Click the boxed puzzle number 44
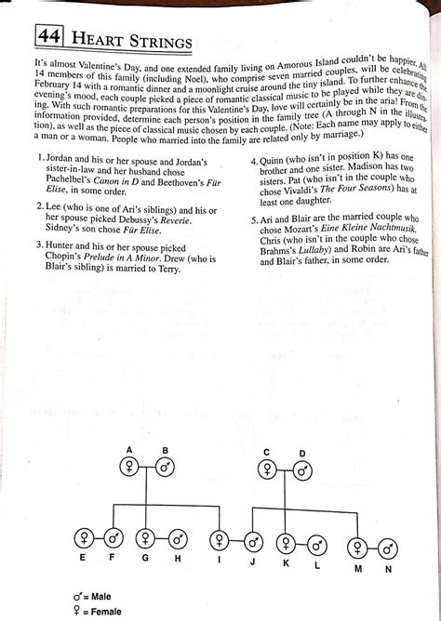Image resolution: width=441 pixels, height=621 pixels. [48, 38]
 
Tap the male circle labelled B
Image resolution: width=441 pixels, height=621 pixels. [164, 468]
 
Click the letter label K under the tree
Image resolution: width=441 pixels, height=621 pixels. [287, 563]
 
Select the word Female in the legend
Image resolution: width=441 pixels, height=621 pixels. [104, 611]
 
